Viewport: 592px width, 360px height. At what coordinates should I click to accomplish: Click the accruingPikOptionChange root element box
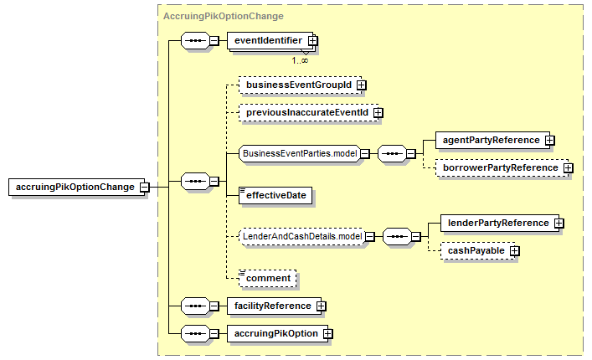click(77, 187)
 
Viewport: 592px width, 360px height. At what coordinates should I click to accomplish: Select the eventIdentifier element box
click(270, 40)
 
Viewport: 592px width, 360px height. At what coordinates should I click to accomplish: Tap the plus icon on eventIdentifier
click(312, 40)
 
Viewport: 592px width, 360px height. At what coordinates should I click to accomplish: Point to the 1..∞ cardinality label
click(300, 60)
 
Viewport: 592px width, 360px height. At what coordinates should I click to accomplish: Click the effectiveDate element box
click(275, 195)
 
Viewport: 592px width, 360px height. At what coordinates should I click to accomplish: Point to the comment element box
click(268, 279)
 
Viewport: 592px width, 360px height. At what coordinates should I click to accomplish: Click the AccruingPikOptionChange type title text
click(223, 16)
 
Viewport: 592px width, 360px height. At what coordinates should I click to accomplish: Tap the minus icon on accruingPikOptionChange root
click(144, 188)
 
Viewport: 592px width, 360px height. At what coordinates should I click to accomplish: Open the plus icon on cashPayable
click(515, 251)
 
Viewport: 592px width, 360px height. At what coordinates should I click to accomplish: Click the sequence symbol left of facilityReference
click(196, 306)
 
